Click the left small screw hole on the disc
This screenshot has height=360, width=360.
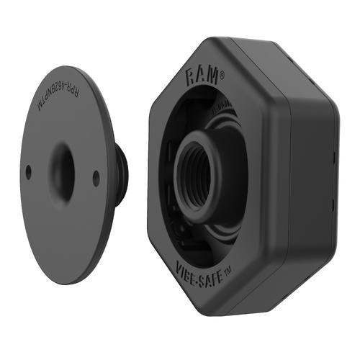pos(28,171)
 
